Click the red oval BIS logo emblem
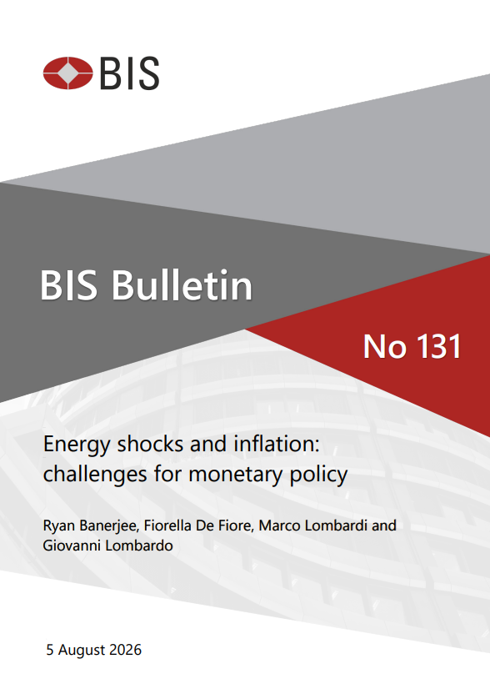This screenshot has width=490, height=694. [x=67, y=73]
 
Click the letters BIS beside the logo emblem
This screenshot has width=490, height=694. [x=129, y=73]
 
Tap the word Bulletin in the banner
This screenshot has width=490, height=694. [x=182, y=285]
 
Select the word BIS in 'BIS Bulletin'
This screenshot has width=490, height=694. [x=68, y=285]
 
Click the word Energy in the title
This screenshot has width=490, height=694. [x=77, y=445]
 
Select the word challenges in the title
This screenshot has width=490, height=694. [x=95, y=475]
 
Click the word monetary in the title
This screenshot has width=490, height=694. [x=236, y=475]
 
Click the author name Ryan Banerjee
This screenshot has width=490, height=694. [x=92, y=526]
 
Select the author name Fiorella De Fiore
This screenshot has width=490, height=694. [x=198, y=526]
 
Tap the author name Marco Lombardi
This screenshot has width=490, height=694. [x=313, y=526]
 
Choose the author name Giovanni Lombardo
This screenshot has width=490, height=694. [x=107, y=546]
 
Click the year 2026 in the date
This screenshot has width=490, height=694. [x=125, y=650]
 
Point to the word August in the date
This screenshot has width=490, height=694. [x=82, y=651]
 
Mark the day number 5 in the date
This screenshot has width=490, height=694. [x=50, y=650]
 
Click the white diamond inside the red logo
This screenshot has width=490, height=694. [x=67, y=73]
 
